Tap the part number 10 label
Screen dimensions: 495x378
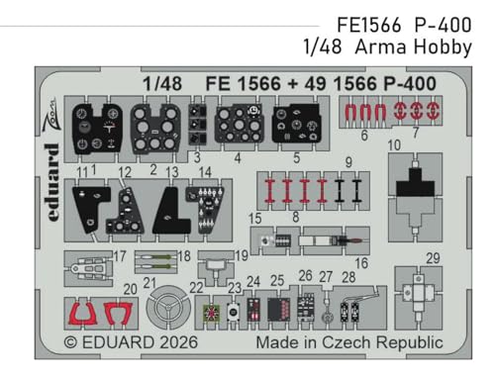[x=394, y=145]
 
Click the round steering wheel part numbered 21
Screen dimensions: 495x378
[x=165, y=309]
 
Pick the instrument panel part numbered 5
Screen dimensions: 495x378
[x=294, y=128]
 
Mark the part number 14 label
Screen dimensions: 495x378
[x=204, y=171]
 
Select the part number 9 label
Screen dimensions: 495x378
[x=347, y=162]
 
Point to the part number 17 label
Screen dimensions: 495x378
[x=119, y=256]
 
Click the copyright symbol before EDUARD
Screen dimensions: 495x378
[x=70, y=342]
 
